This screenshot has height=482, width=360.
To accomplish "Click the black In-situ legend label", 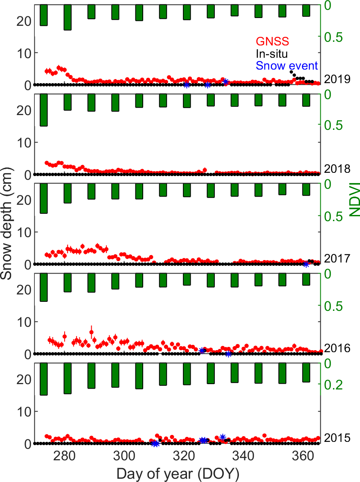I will pyautogui.click(x=272, y=54).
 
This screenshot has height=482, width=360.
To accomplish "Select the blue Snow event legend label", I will pyautogui.click(x=287, y=66).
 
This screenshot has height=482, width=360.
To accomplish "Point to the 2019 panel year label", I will pyautogui.click(x=337, y=79).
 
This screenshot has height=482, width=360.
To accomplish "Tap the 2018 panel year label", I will pyautogui.click(x=337, y=169).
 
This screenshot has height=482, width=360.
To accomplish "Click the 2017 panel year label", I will pyautogui.click(x=337, y=258).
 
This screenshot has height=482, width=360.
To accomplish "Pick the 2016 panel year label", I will pyautogui.click(x=337, y=348).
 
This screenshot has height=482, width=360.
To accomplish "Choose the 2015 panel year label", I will pyautogui.click(x=337, y=438).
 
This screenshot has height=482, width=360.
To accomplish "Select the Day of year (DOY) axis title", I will pyautogui.click(x=178, y=474).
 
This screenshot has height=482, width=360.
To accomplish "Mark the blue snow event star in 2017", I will pyautogui.click(x=306, y=264).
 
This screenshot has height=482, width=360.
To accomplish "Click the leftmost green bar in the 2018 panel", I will pyautogui.click(x=43, y=110).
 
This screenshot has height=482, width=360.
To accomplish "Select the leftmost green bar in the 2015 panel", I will pyautogui.click(x=43, y=379).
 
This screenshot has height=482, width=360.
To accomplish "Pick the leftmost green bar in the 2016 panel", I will pyautogui.click(x=43, y=287).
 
